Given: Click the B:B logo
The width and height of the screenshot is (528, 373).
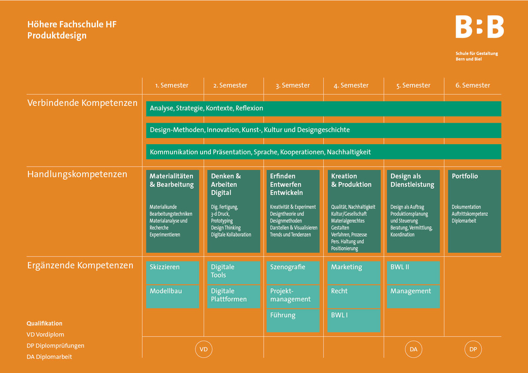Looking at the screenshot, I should (x=479, y=27).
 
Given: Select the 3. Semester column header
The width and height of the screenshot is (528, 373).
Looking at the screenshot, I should (x=292, y=85).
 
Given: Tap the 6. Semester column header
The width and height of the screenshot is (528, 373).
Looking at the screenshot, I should (x=473, y=85).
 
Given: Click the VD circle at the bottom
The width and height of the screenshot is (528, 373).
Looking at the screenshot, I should (x=203, y=350).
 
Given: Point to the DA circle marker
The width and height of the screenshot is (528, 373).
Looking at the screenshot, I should (x=413, y=350).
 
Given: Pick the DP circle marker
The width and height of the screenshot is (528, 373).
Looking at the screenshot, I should (x=473, y=350).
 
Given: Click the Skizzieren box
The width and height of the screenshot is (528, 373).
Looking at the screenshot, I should (x=172, y=272).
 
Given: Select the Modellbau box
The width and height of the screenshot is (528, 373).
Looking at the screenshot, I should (x=172, y=296).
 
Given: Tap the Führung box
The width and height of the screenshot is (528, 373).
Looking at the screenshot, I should (x=293, y=320).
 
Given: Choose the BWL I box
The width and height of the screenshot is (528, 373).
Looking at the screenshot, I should (x=354, y=320).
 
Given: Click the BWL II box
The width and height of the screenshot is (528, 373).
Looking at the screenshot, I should (x=413, y=272).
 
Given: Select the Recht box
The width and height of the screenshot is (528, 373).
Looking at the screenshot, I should (x=354, y=296).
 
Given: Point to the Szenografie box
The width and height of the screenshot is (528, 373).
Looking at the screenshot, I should (x=293, y=272).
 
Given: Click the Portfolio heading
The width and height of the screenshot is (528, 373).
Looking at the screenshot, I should (x=465, y=176).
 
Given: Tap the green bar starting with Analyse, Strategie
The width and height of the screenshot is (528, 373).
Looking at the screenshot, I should (x=323, y=108).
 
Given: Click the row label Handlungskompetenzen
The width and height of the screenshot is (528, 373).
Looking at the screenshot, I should (x=77, y=174).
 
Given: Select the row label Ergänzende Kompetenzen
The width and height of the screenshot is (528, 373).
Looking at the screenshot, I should (x=80, y=265).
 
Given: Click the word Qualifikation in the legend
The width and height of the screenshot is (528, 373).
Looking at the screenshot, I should (x=45, y=324).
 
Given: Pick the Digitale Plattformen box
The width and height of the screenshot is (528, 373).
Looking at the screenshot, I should (x=233, y=296).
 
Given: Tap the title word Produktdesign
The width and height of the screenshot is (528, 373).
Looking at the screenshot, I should (x=57, y=35).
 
